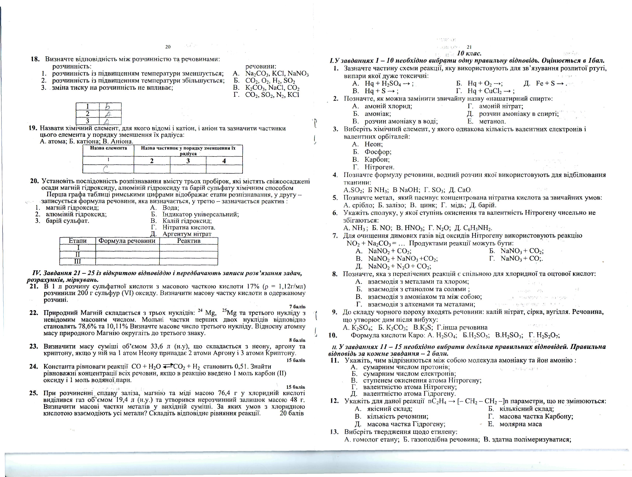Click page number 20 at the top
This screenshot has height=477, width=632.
(168, 47)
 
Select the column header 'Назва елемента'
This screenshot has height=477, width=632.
(108, 148)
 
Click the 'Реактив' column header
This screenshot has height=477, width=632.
(189, 241)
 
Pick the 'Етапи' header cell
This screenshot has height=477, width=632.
(77, 241)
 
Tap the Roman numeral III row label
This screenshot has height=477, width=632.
(77, 261)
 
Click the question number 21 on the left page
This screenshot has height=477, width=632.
(34, 286)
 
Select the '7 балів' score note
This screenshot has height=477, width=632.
(297, 307)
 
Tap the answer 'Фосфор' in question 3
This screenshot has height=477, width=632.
(378, 152)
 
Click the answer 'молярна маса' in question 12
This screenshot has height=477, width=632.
(521, 424)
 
